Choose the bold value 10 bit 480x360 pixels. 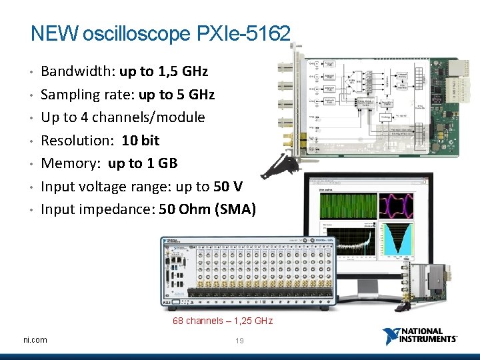(x=141, y=141)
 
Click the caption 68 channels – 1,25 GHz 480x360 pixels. (x=223, y=321)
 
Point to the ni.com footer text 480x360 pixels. (x=35, y=340)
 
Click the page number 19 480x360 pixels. (x=240, y=341)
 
